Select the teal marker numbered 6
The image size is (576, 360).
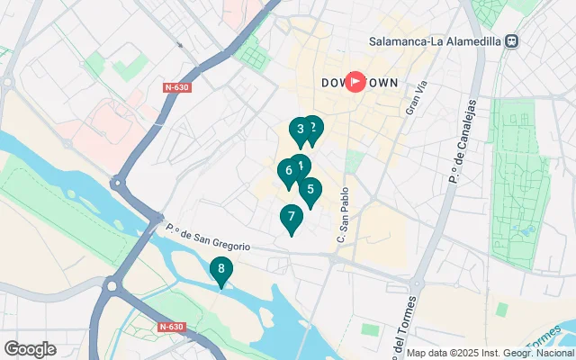point(288,170)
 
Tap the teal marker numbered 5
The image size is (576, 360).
point(310,190)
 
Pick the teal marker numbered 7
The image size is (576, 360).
point(290,217)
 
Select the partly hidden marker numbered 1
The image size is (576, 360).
point(301,164)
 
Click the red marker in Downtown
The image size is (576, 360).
point(355,82)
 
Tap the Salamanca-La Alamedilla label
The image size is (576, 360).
point(436,40)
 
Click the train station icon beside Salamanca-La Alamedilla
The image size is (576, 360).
point(512,40)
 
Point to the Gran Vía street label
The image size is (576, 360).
point(415,97)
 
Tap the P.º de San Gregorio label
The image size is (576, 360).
point(207,237)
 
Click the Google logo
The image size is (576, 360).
point(30,349)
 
